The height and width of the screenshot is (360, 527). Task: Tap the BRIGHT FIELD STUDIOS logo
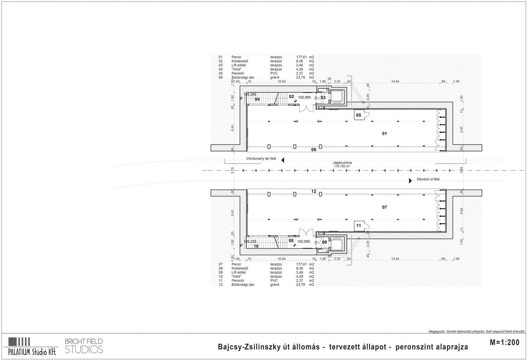pyautogui.click(x=84, y=346)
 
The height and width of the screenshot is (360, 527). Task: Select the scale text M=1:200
pyautogui.click(x=504, y=343)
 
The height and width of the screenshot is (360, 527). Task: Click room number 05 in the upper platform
pyautogui.click(x=359, y=115)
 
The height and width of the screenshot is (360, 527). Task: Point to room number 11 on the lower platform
pyautogui.click(x=359, y=226)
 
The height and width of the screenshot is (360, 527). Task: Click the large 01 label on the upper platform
pyautogui.click(x=384, y=134)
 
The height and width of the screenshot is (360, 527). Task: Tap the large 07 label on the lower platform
pyautogui.click(x=384, y=207)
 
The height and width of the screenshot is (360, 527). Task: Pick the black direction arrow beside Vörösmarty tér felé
pyautogui.click(x=282, y=159)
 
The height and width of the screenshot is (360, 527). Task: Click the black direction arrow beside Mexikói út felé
pyautogui.click(x=410, y=181)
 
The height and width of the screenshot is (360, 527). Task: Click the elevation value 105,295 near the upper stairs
pyautogui.click(x=250, y=94)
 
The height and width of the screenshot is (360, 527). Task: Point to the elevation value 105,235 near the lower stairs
pyautogui.click(x=250, y=242)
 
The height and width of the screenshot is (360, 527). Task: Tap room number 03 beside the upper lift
pyautogui.click(x=323, y=97)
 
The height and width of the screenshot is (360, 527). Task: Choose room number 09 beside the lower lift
pyautogui.click(x=324, y=242)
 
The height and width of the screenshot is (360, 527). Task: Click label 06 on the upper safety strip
pyautogui.click(x=314, y=150)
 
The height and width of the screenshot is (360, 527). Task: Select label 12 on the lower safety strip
pyautogui.click(x=314, y=191)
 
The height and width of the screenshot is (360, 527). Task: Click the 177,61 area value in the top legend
pyautogui.click(x=302, y=57)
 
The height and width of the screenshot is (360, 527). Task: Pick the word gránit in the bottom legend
pyautogui.click(x=275, y=285)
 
